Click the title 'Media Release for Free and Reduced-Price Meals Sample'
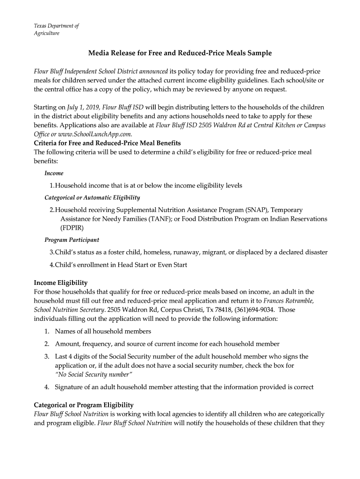click(180, 53)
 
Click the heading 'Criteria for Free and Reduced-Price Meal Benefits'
click(108, 143)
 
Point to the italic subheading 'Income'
click(54, 173)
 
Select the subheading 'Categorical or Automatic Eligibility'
click(92, 197)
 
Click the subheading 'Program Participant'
click(72, 240)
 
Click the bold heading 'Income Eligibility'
click(61, 283)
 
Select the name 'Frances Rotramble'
click(288, 301)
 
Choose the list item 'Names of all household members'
click(103, 331)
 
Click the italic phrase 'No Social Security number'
click(94, 374)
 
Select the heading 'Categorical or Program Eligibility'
click(84, 405)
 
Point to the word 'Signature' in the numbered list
click(70, 387)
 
